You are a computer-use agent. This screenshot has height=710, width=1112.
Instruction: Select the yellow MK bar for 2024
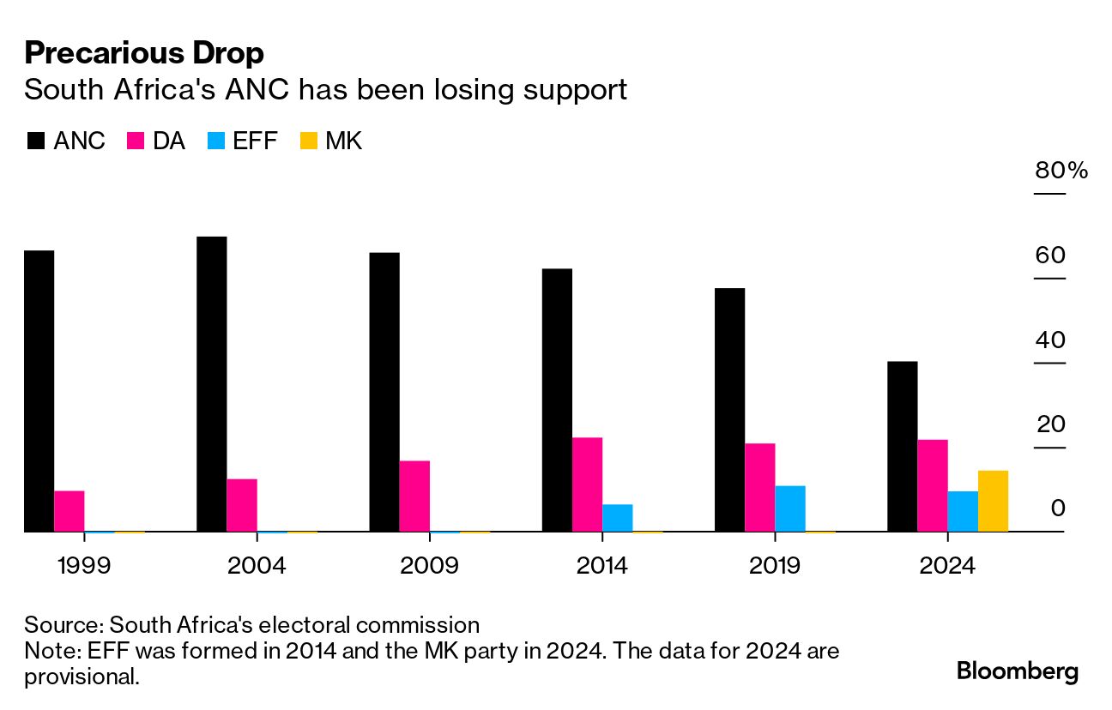coord(993,502)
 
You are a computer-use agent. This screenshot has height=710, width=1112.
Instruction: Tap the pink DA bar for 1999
coord(69,511)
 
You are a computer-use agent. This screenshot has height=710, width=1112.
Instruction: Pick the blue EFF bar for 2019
coord(790,508)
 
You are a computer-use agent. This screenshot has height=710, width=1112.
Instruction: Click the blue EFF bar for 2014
coord(618,518)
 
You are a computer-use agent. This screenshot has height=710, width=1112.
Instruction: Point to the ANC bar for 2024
coord(902,447)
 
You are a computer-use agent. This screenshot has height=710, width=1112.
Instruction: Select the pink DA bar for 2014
coord(587,484)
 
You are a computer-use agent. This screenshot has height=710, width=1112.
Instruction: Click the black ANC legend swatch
coord(35,141)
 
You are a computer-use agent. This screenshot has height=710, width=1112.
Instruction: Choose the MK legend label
coord(343,141)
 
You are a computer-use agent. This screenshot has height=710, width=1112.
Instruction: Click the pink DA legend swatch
coord(135,141)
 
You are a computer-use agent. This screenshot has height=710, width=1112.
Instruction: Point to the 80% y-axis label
coord(1061,171)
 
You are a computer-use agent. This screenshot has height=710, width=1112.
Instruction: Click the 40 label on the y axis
coord(1049,340)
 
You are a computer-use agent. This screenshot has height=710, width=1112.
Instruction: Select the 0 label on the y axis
coord(1057,509)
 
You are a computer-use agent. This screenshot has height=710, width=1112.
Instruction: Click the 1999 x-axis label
coord(83,567)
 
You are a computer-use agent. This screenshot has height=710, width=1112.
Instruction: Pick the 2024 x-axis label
coord(946,567)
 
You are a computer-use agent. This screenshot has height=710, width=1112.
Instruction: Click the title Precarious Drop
coord(144,53)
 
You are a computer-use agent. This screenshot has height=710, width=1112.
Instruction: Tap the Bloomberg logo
coord(1018,671)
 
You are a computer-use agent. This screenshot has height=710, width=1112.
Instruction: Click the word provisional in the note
coord(81,677)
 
